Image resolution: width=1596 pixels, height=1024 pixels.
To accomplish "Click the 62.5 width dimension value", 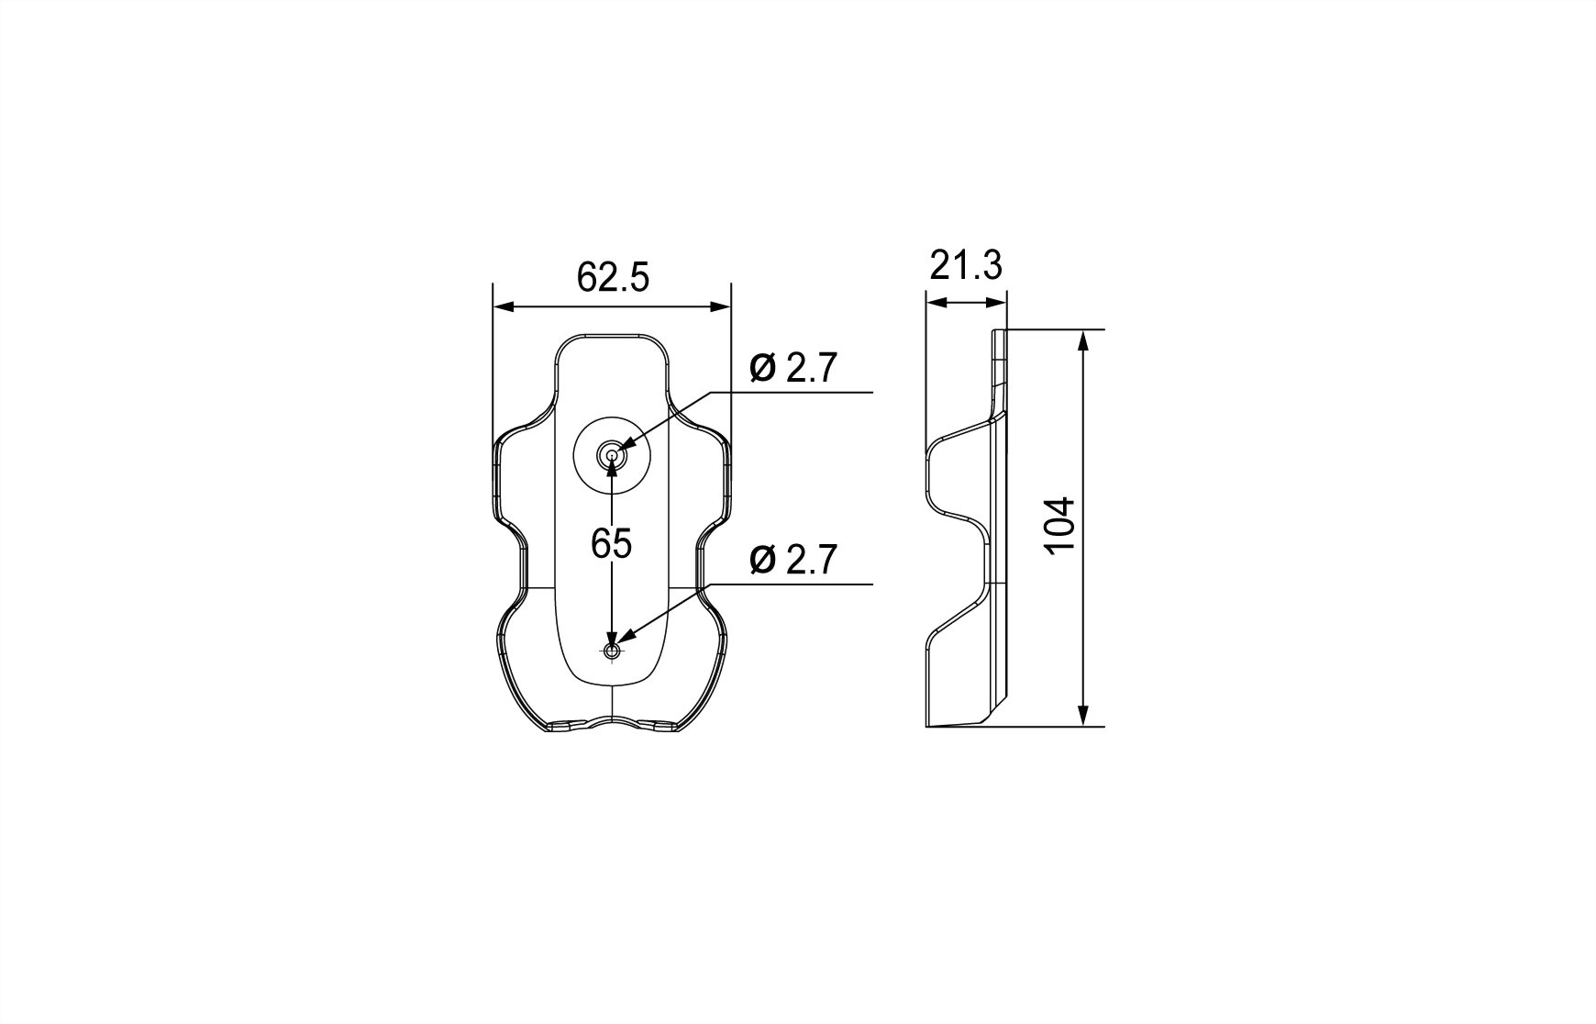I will (612, 276).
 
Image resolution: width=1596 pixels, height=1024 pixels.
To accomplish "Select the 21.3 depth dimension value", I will (966, 266).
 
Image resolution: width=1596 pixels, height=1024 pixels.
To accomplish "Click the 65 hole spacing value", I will (611, 544).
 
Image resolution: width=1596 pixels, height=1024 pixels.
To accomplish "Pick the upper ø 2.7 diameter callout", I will (792, 368).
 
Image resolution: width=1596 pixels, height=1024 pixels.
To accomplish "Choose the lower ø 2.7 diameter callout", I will (792, 560).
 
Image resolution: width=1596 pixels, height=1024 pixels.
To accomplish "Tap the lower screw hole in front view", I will (612, 651).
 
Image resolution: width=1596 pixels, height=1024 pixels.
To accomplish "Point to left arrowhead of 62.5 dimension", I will (501, 307).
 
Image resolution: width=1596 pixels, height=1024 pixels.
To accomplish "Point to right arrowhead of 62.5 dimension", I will (723, 307).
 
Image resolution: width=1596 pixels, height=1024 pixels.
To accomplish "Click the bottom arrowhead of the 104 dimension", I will (1083, 717).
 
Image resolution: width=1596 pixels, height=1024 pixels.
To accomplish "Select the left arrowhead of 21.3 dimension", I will (934, 302).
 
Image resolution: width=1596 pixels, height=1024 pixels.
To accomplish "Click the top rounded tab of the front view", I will (612, 341).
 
